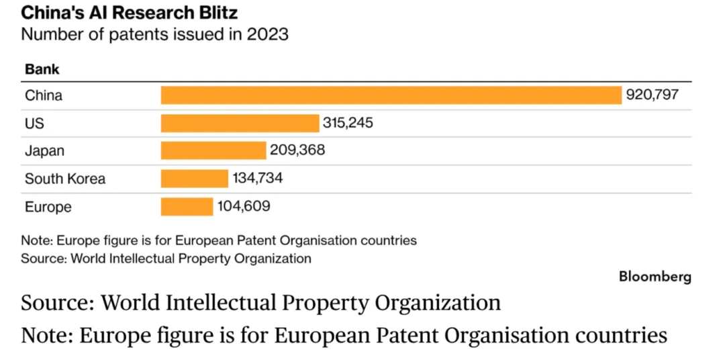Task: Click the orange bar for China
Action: [391, 95]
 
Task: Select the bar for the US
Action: [240, 123]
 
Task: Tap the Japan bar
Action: [213, 150]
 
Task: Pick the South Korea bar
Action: [195, 179]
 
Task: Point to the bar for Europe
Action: [187, 206]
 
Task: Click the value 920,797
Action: [652, 95]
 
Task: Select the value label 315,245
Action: [347, 123]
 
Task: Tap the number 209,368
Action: [297, 150]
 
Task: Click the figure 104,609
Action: [244, 206]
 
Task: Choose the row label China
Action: [44, 95]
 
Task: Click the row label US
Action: [34, 124]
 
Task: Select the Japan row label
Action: [45, 151]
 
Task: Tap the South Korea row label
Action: [65, 179]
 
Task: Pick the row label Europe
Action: [48, 206]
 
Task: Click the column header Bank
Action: [42, 69]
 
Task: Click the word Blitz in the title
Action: [219, 12]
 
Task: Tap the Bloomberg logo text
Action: [655, 276]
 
